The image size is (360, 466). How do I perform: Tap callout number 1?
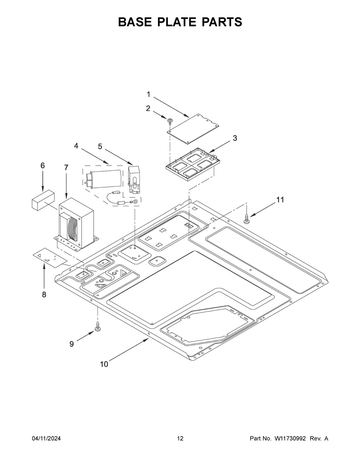pos(148,95)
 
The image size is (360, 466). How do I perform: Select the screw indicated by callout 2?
pos(170,121)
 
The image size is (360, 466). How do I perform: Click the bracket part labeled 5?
pos(133,179)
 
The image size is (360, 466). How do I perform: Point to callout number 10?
pos(104,364)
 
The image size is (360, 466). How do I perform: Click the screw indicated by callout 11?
pos(247,219)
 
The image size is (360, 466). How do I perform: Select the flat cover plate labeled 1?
pos(194,128)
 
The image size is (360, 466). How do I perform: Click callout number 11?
pos(280,200)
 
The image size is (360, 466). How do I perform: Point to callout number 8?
pos(44,295)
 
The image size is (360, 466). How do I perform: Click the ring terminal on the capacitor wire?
pos(137,202)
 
